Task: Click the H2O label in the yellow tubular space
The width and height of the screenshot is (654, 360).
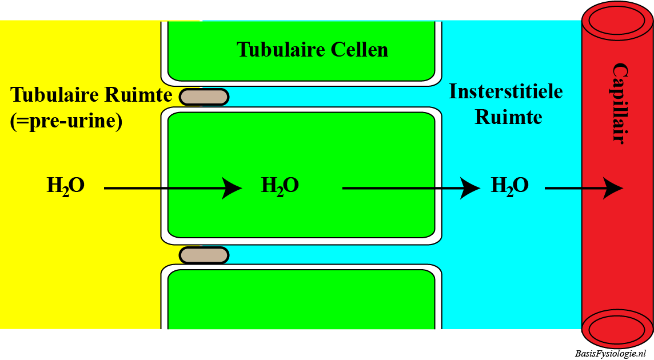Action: [x=66, y=186]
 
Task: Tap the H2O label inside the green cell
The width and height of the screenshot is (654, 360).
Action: [x=280, y=186]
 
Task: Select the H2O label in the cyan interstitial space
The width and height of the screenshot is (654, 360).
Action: [x=510, y=186]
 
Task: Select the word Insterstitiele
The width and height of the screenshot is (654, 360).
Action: [x=506, y=91]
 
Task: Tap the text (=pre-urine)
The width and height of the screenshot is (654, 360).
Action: [x=66, y=121]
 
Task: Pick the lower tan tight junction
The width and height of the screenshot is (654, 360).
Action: [x=204, y=255]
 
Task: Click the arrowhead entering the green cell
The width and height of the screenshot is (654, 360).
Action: [x=232, y=187]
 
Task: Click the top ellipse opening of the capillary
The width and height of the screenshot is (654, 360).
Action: [x=617, y=21]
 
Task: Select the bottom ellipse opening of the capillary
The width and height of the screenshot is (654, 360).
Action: [x=617, y=330]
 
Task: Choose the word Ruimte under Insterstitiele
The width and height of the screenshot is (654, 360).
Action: [x=508, y=117]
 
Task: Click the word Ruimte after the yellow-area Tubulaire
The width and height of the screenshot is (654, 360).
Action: [x=141, y=94]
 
